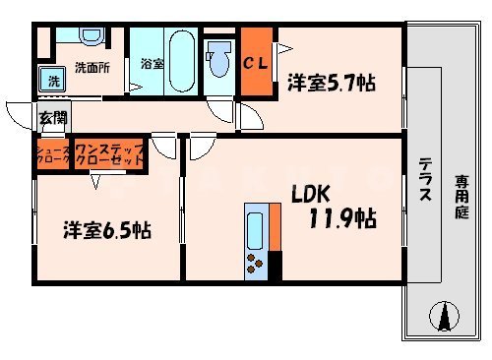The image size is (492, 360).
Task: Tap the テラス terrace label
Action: click(x=425, y=181)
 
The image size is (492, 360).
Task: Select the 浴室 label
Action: click(x=152, y=64)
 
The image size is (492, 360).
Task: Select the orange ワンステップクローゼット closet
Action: click(x=108, y=155)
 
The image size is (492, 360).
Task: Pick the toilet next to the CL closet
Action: click(x=216, y=51)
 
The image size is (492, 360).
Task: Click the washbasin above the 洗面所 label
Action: click(x=92, y=36)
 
